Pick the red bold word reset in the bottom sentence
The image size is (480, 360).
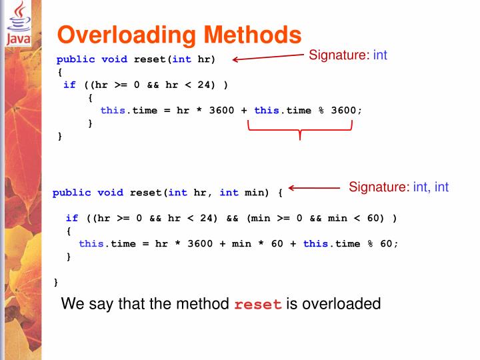(x=258, y=305)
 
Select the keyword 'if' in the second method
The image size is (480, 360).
(x=71, y=218)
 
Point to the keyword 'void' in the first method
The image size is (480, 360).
(x=114, y=59)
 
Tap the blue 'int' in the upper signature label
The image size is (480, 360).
(x=380, y=55)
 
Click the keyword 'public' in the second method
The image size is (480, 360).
(x=71, y=193)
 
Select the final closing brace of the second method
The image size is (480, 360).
(x=56, y=282)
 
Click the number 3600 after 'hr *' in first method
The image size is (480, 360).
(x=221, y=110)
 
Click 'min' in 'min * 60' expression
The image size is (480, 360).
(x=241, y=243)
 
